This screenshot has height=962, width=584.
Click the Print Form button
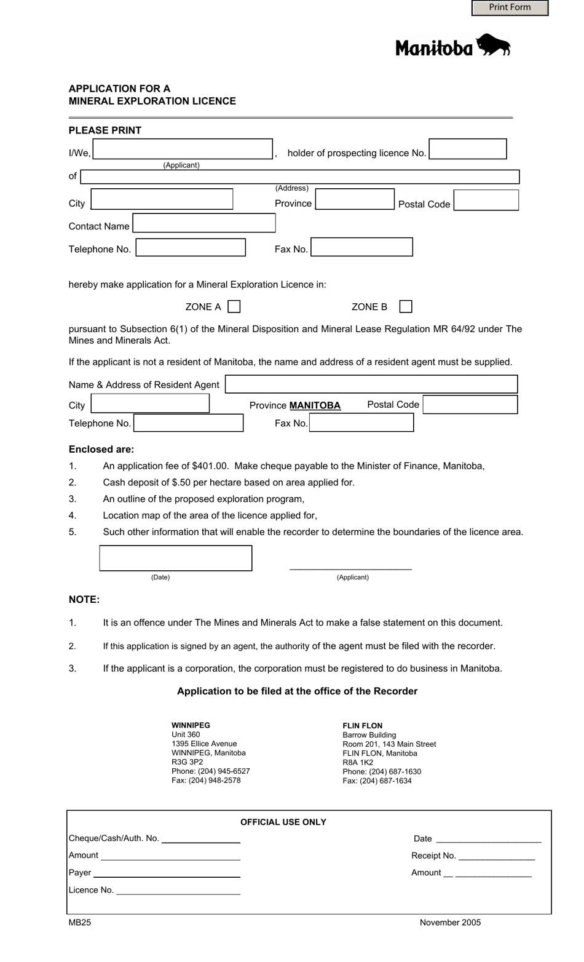pos(510,7)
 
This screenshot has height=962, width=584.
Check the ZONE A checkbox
pos(234,306)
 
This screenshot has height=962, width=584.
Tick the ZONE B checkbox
pos(406,306)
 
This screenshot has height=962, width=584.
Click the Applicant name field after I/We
pos(183,149)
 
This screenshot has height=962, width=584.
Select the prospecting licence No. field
pos(468,149)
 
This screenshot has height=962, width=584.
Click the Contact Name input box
pos(204,223)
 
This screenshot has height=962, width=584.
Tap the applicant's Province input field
pos(355,199)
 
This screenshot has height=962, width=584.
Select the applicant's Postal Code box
pos(486,201)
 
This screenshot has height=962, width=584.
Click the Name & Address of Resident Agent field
pos(371,384)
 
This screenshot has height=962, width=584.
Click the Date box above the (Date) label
pos(176,558)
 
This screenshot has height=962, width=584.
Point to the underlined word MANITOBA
pos(315,405)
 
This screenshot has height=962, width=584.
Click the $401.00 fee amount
pos(210,466)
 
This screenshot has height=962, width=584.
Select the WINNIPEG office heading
pos(191,725)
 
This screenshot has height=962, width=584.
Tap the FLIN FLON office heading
pos(363,726)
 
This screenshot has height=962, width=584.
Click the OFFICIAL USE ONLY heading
pos(283,822)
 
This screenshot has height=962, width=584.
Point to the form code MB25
pos(80,923)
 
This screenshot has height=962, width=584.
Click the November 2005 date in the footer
pos(450,923)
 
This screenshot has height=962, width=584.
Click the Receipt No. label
pos(433,856)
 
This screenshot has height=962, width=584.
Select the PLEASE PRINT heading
pos(105,130)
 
